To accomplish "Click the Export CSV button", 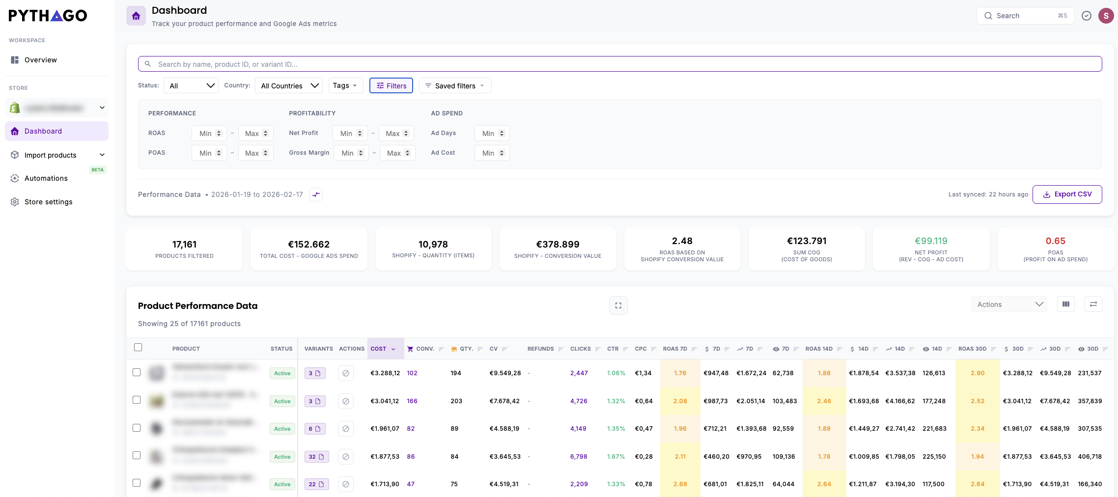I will point(1067,194).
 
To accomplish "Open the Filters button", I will point(391,85).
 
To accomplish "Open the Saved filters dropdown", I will point(455,85).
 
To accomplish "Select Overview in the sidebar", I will point(41,60).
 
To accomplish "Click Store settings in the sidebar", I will point(48,202).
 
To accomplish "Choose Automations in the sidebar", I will point(46,178).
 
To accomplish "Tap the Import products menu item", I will point(51,155).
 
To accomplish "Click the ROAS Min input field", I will point(206,133).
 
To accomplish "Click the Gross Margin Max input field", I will point(394,153).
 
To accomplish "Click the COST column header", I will point(379,349).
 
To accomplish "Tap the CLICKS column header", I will point(580,349).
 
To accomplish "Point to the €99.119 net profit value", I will point(931,241).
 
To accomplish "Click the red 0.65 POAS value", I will point(1055,241).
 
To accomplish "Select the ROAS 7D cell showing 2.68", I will point(680,484).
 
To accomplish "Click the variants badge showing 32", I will point(316,457).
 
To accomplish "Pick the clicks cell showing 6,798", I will point(579,457).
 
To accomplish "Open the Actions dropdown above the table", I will point(1009,304).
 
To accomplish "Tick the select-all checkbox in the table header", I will point(138,347).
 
